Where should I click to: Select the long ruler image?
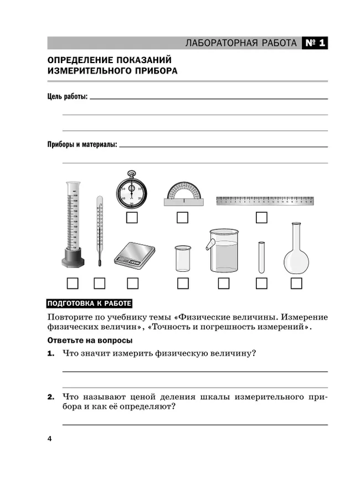(265, 200)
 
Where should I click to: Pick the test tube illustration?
(261, 257)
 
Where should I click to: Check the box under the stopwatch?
(132, 218)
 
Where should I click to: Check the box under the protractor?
(182, 218)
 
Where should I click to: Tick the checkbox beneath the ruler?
(261, 218)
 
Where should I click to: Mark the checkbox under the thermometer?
(100, 284)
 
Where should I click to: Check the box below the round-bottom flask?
(296, 284)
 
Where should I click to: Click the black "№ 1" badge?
(315, 43)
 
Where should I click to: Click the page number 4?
(49, 439)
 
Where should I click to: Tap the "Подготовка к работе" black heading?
(89, 303)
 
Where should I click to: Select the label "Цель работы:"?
(67, 97)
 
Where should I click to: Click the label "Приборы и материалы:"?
(82, 145)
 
